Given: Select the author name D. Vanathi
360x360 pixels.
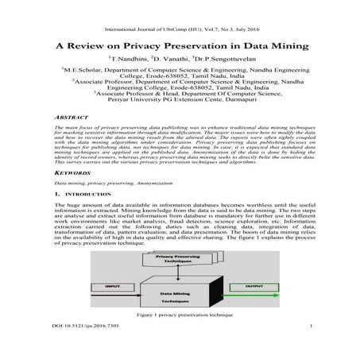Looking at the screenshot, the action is coord(171,60).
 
